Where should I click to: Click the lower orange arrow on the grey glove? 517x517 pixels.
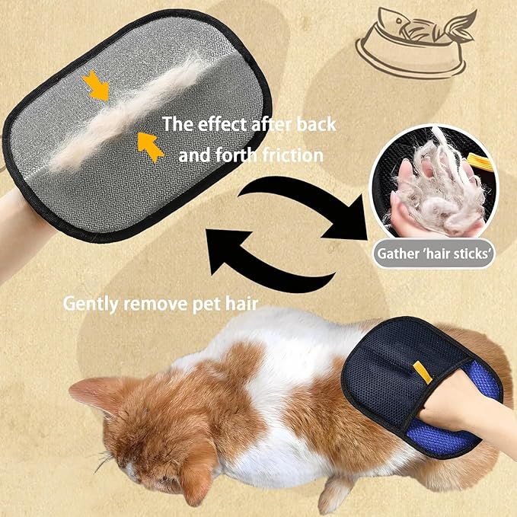152,146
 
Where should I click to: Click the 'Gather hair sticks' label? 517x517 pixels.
432,255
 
